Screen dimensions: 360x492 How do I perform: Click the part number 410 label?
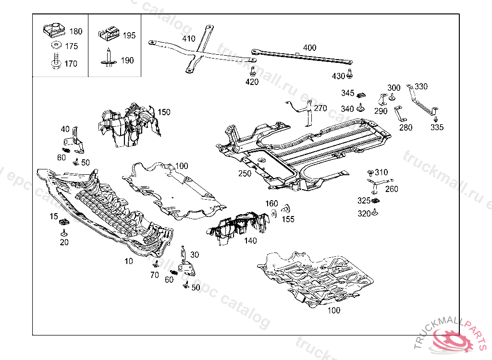pos(189,39)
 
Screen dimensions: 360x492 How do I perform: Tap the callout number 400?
pos(310,48)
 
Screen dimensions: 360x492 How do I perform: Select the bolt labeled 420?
pos(252,72)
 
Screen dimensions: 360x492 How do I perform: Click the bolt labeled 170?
pos(54,62)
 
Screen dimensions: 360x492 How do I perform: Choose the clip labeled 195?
pos(110,34)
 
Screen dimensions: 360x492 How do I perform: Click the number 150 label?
pos(164,112)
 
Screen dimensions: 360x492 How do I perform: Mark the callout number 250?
pos(245,173)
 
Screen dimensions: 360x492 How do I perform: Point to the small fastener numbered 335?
pos(435,119)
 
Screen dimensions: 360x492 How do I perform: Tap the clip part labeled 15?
pos(63,222)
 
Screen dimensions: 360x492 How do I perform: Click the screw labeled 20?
pos(63,233)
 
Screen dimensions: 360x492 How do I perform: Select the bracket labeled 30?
pos(185,263)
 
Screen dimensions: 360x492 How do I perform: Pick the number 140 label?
pos(250,240)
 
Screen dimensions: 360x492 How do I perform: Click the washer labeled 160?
pos(273,213)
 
